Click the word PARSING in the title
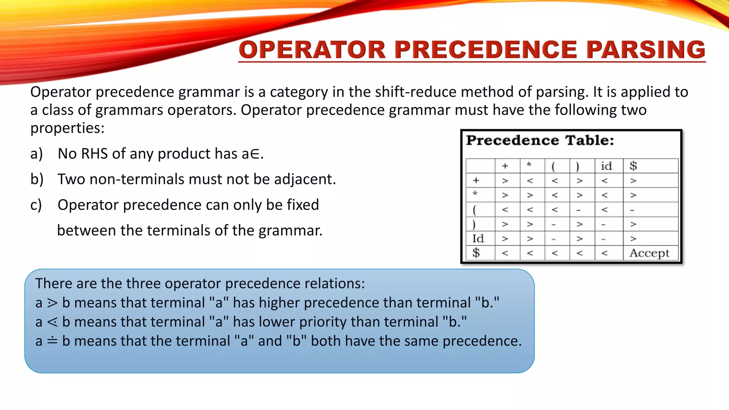pos(645,49)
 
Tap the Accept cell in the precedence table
pos(649,253)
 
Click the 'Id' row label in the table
pos(478,238)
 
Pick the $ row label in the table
pos(476,253)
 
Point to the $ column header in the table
pos(633,166)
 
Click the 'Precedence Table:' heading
pos(540,140)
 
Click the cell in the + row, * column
pos(530,181)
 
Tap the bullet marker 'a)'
pos(37,154)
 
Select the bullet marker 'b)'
pos(37,179)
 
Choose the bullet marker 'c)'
pos(36,205)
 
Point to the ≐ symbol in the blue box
pos(52,341)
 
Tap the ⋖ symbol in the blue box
pos(52,322)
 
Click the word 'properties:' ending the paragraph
pos(67,128)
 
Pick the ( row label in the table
pos(474,210)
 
